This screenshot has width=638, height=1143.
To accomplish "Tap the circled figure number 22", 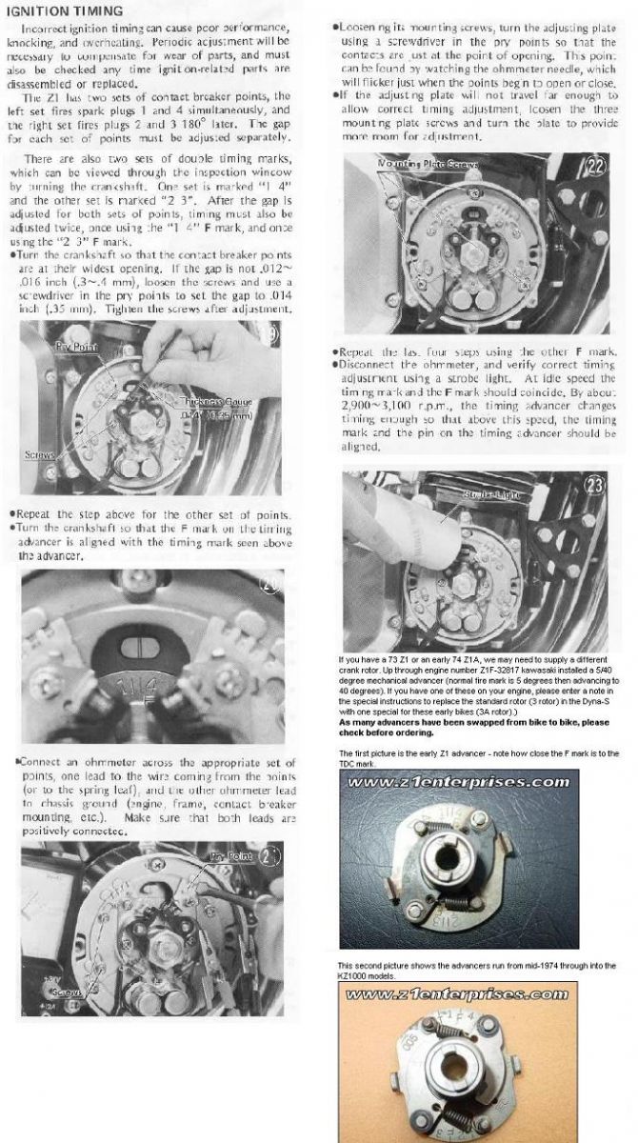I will click(x=596, y=165).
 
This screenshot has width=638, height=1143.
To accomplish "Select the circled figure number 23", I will click(x=596, y=484).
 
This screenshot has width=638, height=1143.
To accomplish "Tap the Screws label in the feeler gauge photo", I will click(x=41, y=455).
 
